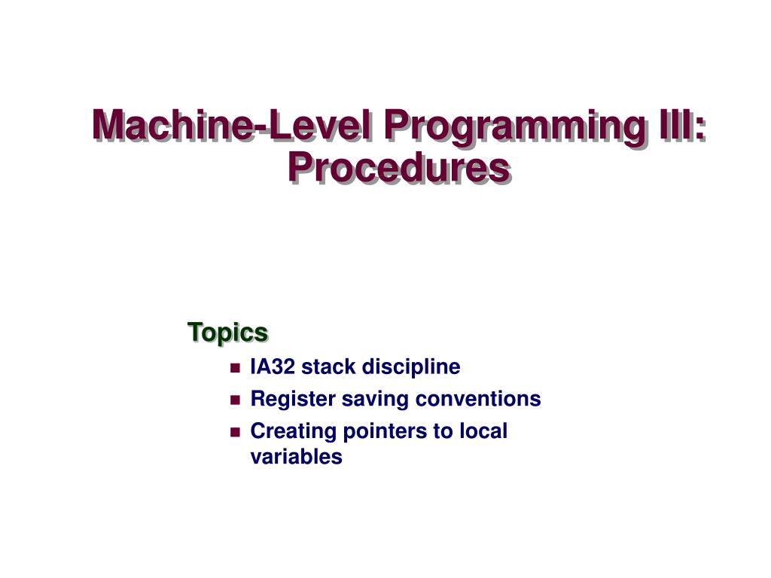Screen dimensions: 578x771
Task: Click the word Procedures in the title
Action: (x=398, y=168)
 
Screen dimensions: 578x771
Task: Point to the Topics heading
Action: (x=227, y=332)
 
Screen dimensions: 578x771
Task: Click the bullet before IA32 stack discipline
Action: (x=235, y=369)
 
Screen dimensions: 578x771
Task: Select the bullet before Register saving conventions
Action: (x=235, y=400)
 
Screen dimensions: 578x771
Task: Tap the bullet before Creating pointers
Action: (x=235, y=433)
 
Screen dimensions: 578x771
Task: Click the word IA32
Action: (x=273, y=367)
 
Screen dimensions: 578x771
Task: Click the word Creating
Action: (x=293, y=432)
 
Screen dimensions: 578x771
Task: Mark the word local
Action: (x=486, y=431)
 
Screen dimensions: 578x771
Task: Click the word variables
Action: (x=296, y=457)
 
